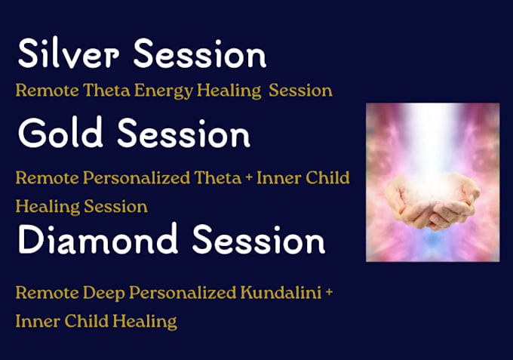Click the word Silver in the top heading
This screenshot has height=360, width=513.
click(x=69, y=53)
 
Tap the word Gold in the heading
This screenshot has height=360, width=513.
click(x=60, y=132)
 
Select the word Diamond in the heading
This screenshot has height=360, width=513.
click(x=98, y=238)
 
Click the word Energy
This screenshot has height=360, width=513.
click(x=164, y=91)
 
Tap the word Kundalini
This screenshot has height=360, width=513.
click(x=281, y=292)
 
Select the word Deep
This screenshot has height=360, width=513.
click(x=103, y=294)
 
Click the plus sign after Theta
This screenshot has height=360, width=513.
click(x=249, y=177)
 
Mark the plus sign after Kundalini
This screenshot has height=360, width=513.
click(x=329, y=291)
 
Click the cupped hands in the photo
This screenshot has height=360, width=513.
click(x=432, y=200)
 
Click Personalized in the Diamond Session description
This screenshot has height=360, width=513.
click(x=183, y=293)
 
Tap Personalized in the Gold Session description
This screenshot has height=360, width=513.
click(x=137, y=178)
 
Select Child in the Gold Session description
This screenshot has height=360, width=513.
click(x=327, y=177)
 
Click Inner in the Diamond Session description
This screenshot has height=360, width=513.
click(x=38, y=321)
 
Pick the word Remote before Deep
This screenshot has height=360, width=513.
click(x=48, y=292)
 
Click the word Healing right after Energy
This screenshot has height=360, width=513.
click(x=229, y=91)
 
